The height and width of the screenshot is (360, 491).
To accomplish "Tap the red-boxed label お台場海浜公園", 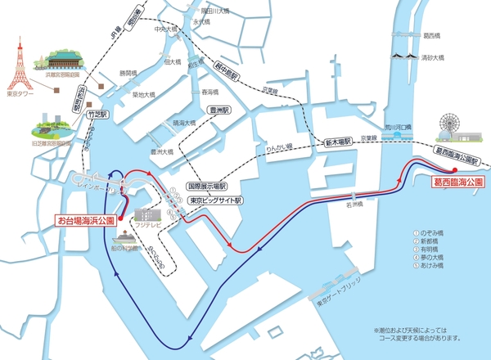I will point(86,220).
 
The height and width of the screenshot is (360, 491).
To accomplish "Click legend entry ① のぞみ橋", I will point(429,233).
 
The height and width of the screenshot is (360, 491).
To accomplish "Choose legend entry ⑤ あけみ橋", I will point(429,266).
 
